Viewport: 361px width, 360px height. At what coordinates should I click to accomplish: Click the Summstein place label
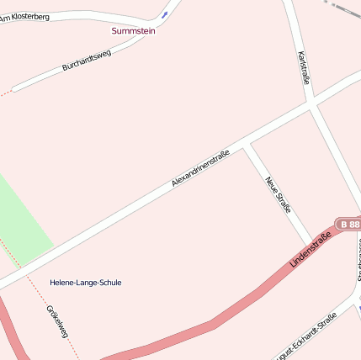click(x=133, y=30)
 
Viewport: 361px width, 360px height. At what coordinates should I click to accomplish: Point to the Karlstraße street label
click(x=304, y=67)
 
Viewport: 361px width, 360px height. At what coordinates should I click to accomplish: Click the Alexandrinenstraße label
click(x=200, y=168)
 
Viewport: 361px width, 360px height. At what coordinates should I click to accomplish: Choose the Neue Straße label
click(x=278, y=194)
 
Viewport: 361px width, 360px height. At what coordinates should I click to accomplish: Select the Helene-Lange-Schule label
click(x=85, y=283)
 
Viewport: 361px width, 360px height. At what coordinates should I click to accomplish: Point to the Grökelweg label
click(x=57, y=322)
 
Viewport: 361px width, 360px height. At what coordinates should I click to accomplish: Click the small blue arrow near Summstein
click(x=165, y=13)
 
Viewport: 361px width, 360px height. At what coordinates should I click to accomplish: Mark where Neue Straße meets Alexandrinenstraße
click(x=245, y=146)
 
